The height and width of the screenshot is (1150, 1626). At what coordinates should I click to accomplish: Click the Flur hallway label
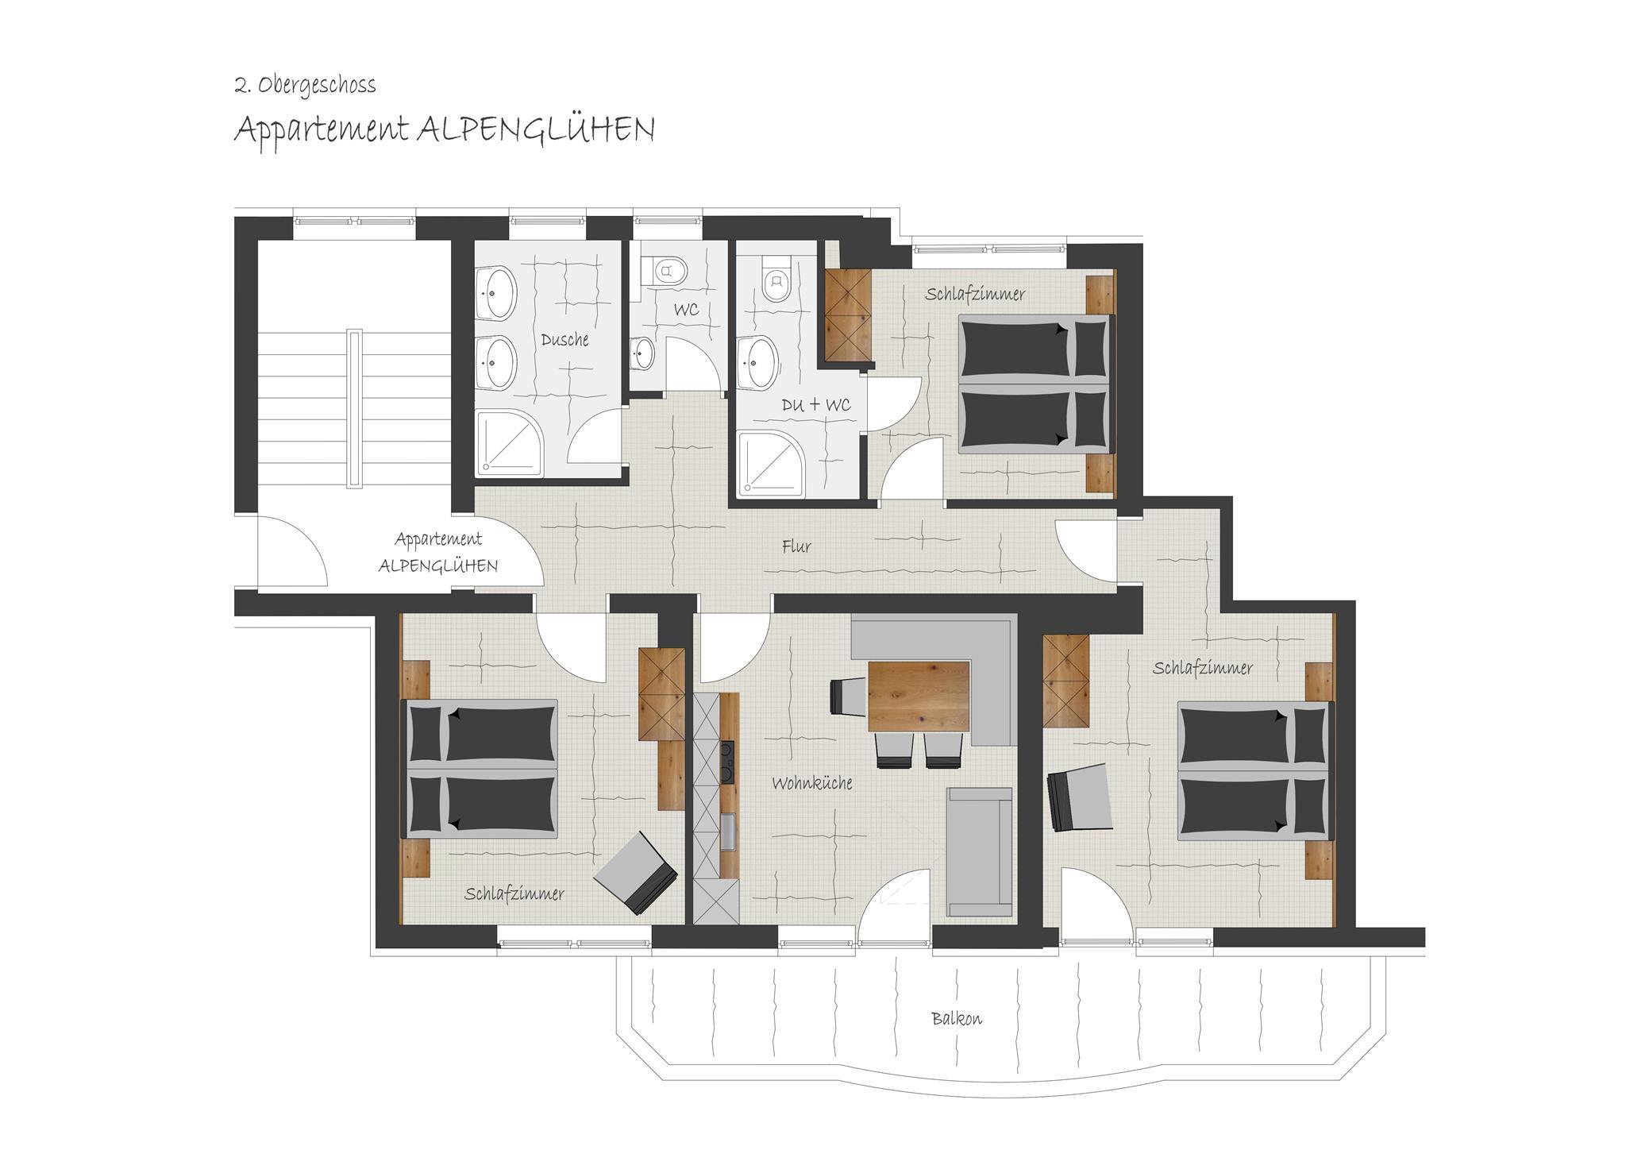[x=796, y=546]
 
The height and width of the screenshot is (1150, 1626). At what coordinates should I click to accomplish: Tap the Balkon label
[x=957, y=1018]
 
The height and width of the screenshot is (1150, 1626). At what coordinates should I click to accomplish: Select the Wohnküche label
[x=812, y=783]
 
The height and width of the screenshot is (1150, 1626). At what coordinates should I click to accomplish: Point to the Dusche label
[x=564, y=340]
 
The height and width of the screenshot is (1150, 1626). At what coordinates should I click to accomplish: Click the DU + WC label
[x=816, y=405]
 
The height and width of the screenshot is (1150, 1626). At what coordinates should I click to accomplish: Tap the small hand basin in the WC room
[x=643, y=353]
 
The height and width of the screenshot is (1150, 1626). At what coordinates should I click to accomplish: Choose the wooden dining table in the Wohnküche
[x=919, y=696]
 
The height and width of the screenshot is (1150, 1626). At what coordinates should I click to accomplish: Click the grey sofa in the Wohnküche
[x=980, y=852]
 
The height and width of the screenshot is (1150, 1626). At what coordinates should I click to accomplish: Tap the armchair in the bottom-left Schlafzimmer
[x=636, y=872]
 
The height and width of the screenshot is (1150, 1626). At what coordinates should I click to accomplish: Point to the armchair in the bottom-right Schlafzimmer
[x=1079, y=798]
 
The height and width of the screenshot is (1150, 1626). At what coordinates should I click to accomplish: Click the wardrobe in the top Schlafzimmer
[x=849, y=315]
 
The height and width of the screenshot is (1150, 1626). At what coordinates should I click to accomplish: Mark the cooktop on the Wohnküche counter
[x=726, y=761]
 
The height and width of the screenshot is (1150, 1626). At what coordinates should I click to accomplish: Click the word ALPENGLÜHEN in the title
[x=536, y=129]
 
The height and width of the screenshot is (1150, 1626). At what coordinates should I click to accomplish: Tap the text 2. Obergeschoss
[x=305, y=85]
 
